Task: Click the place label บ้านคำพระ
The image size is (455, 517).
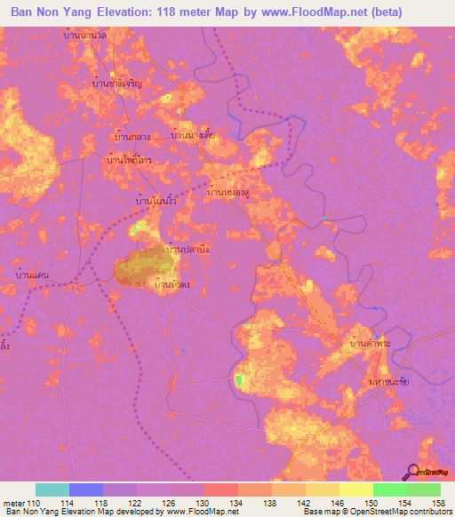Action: pos(371,342)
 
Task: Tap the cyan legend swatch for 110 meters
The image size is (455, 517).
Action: pos(52,489)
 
